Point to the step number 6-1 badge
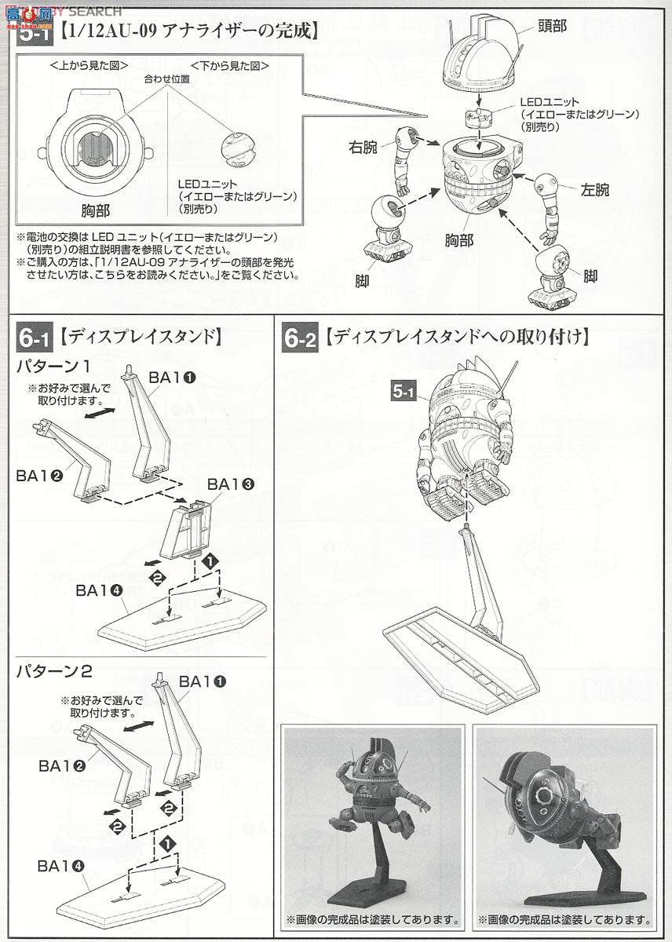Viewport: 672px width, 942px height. (34, 338)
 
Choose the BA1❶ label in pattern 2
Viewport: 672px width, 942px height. (203, 681)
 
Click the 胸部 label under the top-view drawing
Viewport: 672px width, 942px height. (107, 210)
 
